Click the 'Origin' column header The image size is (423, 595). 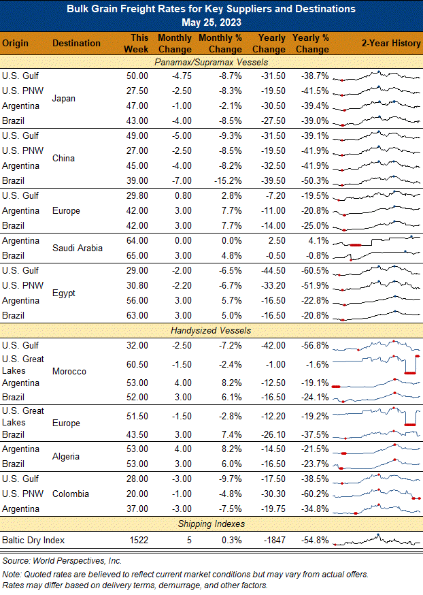[15, 44]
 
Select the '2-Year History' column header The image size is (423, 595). [391, 44]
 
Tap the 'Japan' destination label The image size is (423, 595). [64, 98]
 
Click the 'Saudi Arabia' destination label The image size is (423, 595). [78, 248]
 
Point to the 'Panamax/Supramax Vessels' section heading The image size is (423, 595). [211, 62]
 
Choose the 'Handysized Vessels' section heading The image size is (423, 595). [211, 330]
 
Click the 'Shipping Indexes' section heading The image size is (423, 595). [211, 524]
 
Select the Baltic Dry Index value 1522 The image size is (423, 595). [139, 540]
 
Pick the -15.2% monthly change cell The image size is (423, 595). [228, 180]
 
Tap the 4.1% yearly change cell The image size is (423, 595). [318, 240]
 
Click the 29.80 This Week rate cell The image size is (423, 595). [137, 196]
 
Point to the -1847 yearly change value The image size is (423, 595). [275, 540]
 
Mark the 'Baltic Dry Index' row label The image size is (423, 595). [33, 540]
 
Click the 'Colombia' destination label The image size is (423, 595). [71, 494]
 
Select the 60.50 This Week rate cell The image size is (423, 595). [137, 364]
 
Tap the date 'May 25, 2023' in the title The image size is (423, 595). [211, 22]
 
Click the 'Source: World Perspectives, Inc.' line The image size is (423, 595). [62, 560]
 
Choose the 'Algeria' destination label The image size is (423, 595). [66, 456]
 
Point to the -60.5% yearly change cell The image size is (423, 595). [315, 270]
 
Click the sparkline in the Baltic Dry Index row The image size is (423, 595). [377, 541]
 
